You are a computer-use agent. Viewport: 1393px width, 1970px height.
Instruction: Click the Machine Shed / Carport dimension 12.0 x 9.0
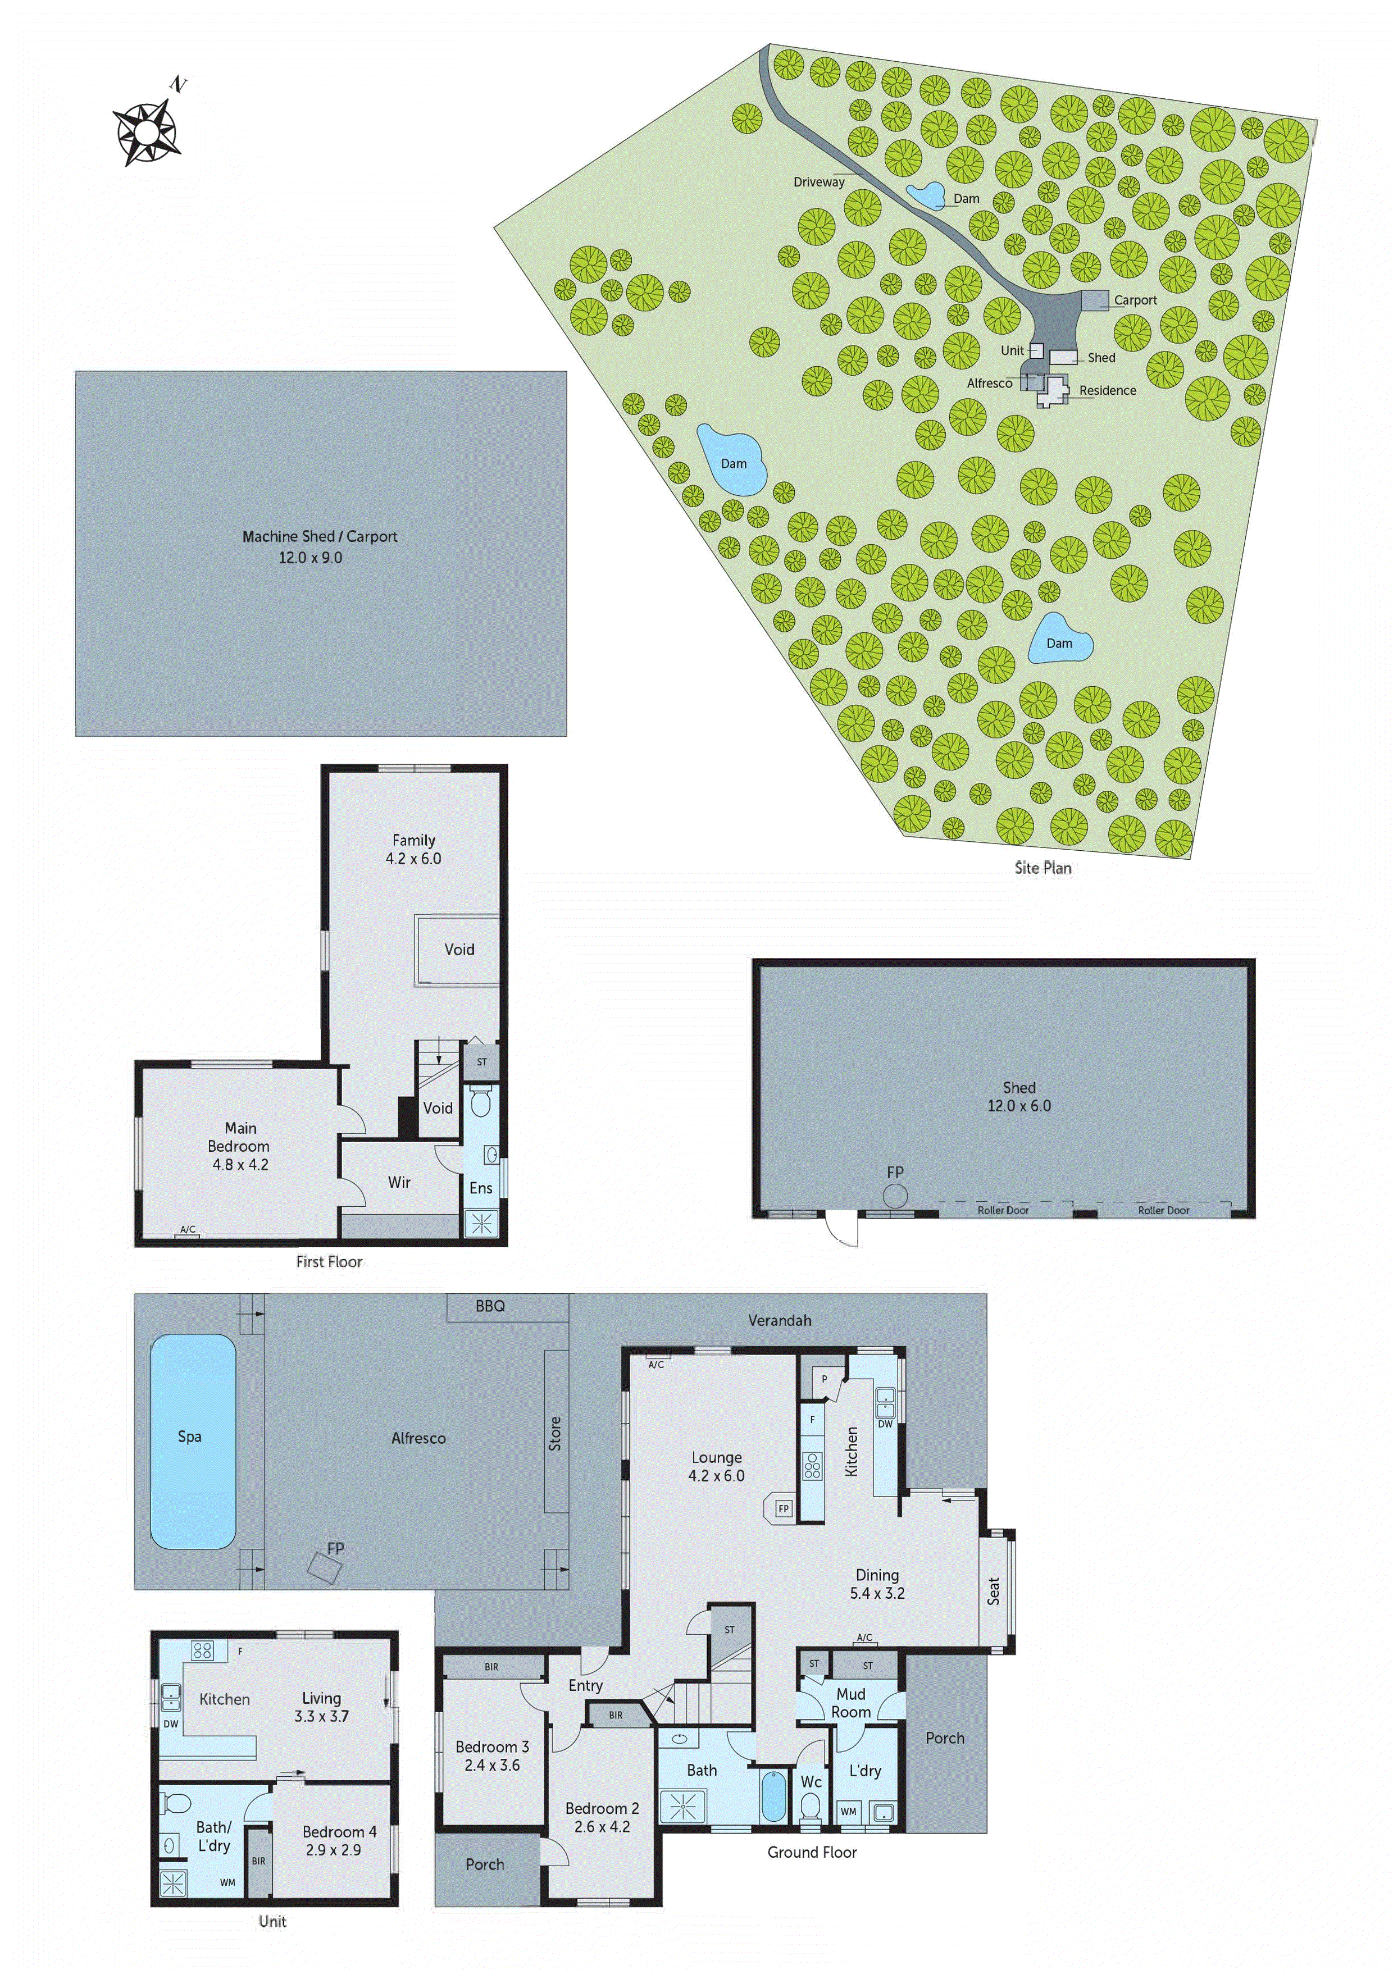click(x=310, y=558)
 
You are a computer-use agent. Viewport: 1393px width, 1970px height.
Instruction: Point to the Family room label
click(x=414, y=840)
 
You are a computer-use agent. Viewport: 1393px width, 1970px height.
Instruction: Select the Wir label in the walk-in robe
click(x=399, y=1182)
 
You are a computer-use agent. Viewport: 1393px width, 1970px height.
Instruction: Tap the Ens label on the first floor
click(x=481, y=1188)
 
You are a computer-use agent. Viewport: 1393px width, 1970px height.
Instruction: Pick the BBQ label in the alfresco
click(x=490, y=1306)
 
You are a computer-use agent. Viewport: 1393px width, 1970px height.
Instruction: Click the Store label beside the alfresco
click(x=556, y=1434)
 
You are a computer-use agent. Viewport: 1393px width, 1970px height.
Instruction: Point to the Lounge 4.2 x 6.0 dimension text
click(x=716, y=1476)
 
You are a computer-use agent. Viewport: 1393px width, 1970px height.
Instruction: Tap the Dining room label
click(x=876, y=1575)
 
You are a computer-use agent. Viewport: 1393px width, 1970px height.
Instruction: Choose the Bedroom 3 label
click(x=492, y=1747)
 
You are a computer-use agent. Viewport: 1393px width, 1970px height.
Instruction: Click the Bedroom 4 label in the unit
click(x=339, y=1832)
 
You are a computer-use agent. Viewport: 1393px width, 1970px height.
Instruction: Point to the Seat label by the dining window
click(x=993, y=1591)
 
